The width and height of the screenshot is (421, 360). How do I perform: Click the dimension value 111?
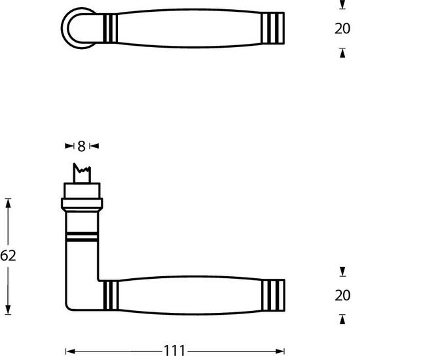175,351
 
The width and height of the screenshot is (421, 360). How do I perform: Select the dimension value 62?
8,255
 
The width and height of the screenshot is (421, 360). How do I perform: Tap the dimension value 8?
82,146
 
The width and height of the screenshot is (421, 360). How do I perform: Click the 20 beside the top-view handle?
342,29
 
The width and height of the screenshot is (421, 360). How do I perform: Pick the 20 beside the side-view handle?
342,296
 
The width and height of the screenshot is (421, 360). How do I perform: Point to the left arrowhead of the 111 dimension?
70,351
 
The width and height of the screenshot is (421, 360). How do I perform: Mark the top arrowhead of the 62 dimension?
9,202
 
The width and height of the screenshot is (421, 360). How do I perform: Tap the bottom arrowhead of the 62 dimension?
9,310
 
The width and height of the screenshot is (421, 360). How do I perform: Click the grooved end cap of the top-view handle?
274,29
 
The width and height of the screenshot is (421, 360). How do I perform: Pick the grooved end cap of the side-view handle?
274,295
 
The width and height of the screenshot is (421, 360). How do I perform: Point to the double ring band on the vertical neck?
82,236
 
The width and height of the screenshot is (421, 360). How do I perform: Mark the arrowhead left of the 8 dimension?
69,146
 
